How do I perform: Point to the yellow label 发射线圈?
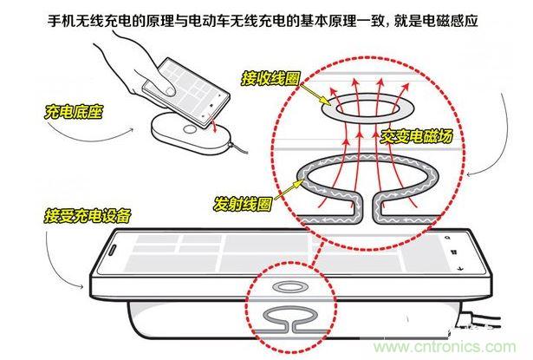(x=242, y=204)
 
